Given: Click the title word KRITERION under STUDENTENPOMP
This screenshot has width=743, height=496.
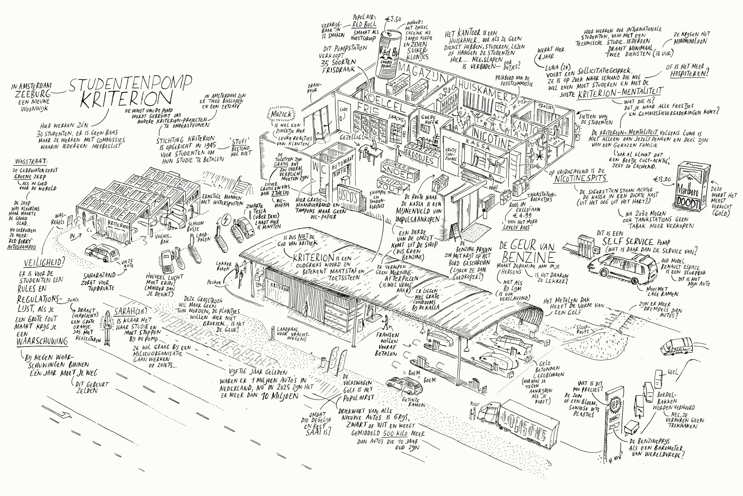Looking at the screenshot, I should [x=126, y=99].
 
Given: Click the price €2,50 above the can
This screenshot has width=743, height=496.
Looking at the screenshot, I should [x=393, y=19].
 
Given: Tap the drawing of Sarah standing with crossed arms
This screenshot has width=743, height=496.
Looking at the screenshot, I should [x=108, y=328].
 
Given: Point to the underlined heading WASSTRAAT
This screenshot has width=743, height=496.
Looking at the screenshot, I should [x=31, y=161].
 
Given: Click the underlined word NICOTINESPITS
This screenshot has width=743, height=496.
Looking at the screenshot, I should [x=581, y=178].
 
